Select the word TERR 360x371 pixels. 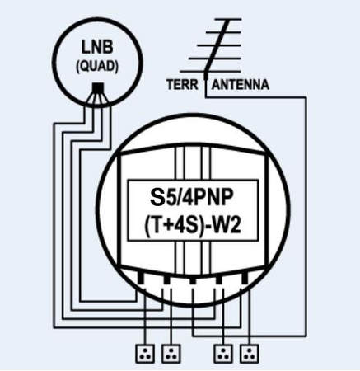[x=184, y=85]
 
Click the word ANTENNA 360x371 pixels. [x=241, y=85]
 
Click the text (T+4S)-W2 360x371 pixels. [x=192, y=224]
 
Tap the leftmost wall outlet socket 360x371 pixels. [x=146, y=355]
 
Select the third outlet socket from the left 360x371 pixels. [x=222, y=355]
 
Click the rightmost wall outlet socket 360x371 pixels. [x=247, y=355]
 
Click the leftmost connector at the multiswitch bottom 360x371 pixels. [x=140, y=279]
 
